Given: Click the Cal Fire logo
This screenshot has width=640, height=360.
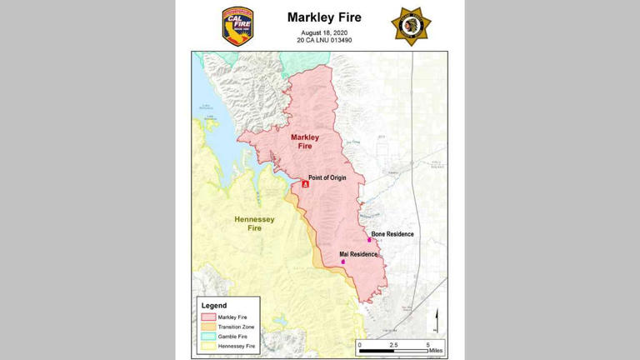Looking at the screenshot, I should coord(237,26).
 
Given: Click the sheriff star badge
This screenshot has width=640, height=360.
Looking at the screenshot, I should coord(411,26).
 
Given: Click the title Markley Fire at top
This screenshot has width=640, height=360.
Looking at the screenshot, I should coord(323,17).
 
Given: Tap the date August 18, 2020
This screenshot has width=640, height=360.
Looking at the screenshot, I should coord(323,32).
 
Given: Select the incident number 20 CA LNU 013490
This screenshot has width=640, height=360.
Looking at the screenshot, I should coord(323,40).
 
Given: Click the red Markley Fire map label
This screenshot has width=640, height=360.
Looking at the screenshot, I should coord(306,141).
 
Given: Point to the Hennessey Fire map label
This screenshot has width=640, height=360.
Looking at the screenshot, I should coord(254,223).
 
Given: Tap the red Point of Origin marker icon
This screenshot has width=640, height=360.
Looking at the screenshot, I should coord(306,184).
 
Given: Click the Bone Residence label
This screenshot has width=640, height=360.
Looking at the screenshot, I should coord(392,234).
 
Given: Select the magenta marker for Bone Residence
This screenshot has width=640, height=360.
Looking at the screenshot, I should coord(369,240).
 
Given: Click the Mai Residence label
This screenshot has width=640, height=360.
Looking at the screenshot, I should coord(358,253).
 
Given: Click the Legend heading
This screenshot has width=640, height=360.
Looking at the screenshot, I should coord(214,306).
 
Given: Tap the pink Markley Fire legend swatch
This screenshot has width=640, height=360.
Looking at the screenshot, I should coord(207,317).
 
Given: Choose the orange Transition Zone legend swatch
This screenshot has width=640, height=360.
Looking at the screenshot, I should coord(207,327).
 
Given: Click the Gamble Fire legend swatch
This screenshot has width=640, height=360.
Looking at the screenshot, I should coord(207,336).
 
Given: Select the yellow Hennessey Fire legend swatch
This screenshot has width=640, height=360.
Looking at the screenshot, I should coord(207,345).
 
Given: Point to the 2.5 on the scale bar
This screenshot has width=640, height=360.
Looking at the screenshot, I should coord(393,343).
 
